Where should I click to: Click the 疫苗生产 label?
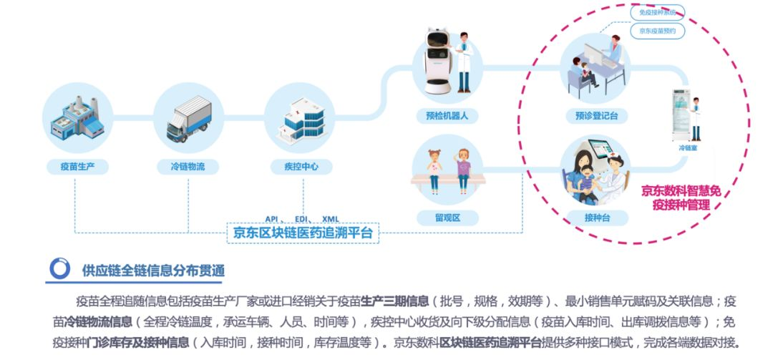point(78,167)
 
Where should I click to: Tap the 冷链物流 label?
point(188,167)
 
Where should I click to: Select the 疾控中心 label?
point(300,167)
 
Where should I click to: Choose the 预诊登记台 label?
point(595,115)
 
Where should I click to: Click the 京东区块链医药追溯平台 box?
point(303,233)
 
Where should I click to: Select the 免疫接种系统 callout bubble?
point(658,11)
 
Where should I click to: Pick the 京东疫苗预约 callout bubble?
point(658,31)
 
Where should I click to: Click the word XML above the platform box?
point(331,219)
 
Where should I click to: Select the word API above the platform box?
point(271,219)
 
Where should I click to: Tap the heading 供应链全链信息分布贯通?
point(153,270)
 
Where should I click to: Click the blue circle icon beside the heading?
point(59,269)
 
